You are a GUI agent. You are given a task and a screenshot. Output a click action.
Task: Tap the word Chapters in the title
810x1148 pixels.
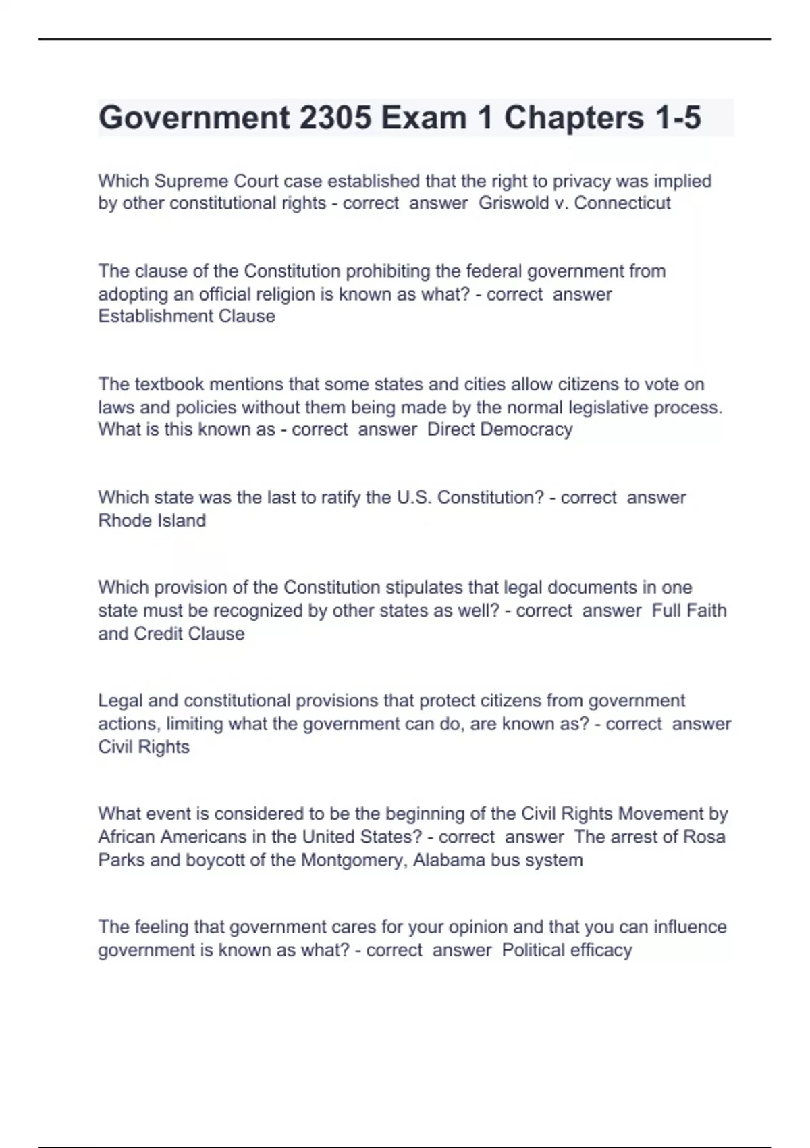click(x=574, y=118)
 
